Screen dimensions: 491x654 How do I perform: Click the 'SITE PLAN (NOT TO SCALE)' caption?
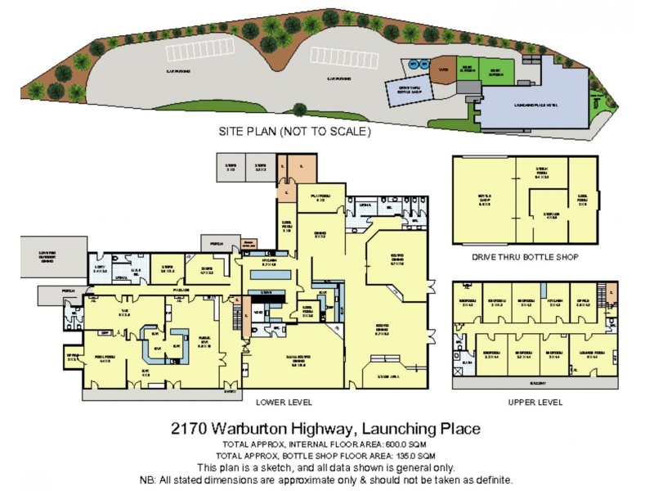point(295,131)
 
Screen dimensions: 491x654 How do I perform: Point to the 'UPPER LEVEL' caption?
point(535,402)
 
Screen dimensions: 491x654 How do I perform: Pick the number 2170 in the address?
point(189,428)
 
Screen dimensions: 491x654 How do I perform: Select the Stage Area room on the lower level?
point(389,374)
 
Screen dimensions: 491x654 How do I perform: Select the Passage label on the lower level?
point(181,288)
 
